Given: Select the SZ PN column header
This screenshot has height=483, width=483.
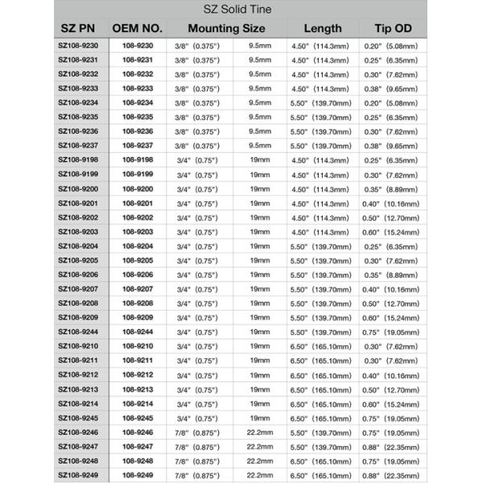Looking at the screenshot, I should pyautogui.click(x=80, y=29).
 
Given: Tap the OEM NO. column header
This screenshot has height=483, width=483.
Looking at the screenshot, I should pyautogui.click(x=138, y=29).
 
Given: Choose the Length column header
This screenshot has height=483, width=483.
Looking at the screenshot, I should pyautogui.click(x=320, y=29).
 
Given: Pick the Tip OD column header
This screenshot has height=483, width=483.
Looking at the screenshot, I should pyautogui.click(x=394, y=29).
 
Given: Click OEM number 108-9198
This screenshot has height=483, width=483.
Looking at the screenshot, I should pyautogui.click(x=138, y=159).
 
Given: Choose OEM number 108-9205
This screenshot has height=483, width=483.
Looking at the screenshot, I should pyautogui.click(x=138, y=260).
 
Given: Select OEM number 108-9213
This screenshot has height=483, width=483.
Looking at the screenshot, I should pyautogui.click(x=138, y=390).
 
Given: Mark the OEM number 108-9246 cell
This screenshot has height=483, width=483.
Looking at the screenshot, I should pyautogui.click(x=138, y=432).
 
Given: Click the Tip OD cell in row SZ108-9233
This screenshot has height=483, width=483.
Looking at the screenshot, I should pyautogui.click(x=394, y=89).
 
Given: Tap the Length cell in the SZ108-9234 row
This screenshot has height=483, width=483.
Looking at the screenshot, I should pyautogui.click(x=320, y=102).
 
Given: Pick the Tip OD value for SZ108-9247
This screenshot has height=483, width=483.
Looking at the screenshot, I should pyautogui.click(x=394, y=447).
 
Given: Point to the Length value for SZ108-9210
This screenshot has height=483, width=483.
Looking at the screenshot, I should pyautogui.click(x=320, y=346).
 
